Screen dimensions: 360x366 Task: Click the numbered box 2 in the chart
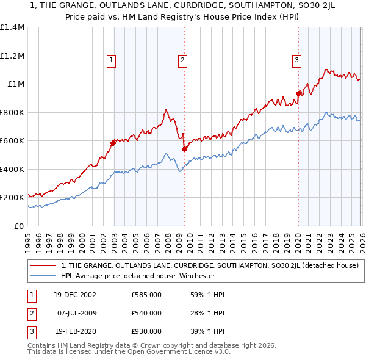tap(183, 60)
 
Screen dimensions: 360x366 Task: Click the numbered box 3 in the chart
tap(296, 60)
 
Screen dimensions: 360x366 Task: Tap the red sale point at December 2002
tap(113, 143)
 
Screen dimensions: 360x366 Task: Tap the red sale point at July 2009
tap(184, 149)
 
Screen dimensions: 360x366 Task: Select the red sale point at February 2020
tap(298, 93)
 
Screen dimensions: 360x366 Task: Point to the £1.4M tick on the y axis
tap(12, 27)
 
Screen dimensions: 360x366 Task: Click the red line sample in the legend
tap(43, 265)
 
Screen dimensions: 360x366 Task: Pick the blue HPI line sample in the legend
tap(43, 276)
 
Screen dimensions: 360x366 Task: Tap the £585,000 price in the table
tap(146, 295)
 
